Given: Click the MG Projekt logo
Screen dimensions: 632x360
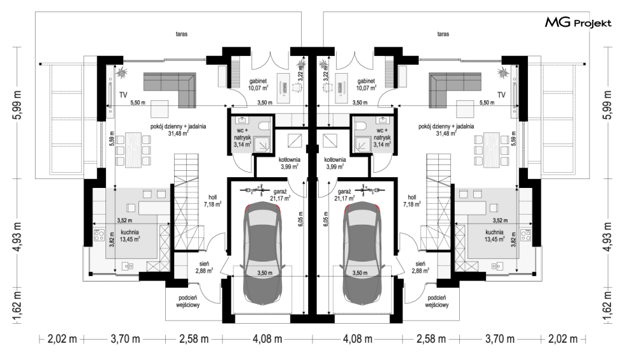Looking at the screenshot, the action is pyautogui.click(x=578, y=22).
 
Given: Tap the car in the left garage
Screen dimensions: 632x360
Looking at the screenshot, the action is pyautogui.click(x=262, y=255).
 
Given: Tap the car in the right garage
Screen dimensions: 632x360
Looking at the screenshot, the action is pyautogui.click(x=362, y=255).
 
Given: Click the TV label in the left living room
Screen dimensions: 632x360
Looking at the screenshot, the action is pyautogui.click(x=123, y=95).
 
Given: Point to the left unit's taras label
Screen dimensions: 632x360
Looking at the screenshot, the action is pyautogui.click(x=182, y=34).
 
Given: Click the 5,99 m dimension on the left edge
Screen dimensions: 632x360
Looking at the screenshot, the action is pyautogui.click(x=18, y=105).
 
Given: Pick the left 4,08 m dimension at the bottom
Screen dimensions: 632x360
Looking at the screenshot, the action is pyautogui.click(x=267, y=339).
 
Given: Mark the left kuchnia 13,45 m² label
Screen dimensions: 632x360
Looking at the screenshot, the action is pyautogui.click(x=130, y=236).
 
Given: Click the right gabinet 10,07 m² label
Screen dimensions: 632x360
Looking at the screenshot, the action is pyautogui.click(x=366, y=84).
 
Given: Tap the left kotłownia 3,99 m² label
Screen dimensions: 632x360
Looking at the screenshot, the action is pyautogui.click(x=290, y=163).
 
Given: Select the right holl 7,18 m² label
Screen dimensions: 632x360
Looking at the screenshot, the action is pyautogui.click(x=412, y=201).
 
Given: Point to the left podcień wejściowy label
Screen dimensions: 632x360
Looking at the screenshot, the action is pyautogui.click(x=188, y=301).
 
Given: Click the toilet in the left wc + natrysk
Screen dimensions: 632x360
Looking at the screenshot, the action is pyautogui.click(x=265, y=126).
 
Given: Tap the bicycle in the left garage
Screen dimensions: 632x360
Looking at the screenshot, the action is pyautogui.click(x=254, y=189).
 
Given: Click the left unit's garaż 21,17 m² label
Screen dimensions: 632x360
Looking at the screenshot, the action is pyautogui.click(x=281, y=195).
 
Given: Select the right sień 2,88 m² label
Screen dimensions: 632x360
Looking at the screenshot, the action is pyautogui.click(x=420, y=267).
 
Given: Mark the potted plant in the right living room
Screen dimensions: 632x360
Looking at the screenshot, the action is pyautogui.click(x=502, y=73).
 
